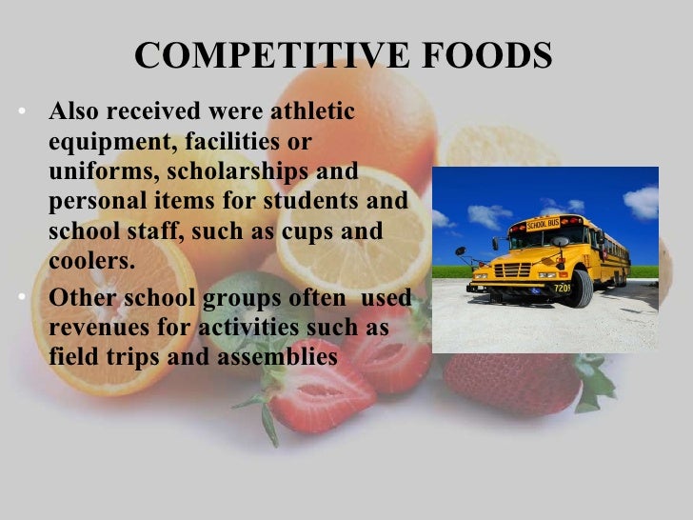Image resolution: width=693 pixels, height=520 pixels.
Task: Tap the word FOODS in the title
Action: (x=484, y=57)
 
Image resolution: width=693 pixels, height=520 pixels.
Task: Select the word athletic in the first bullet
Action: (x=312, y=112)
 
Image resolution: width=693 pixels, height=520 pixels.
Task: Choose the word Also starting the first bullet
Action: (x=72, y=112)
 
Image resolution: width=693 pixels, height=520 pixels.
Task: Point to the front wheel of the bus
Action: (x=580, y=290)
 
